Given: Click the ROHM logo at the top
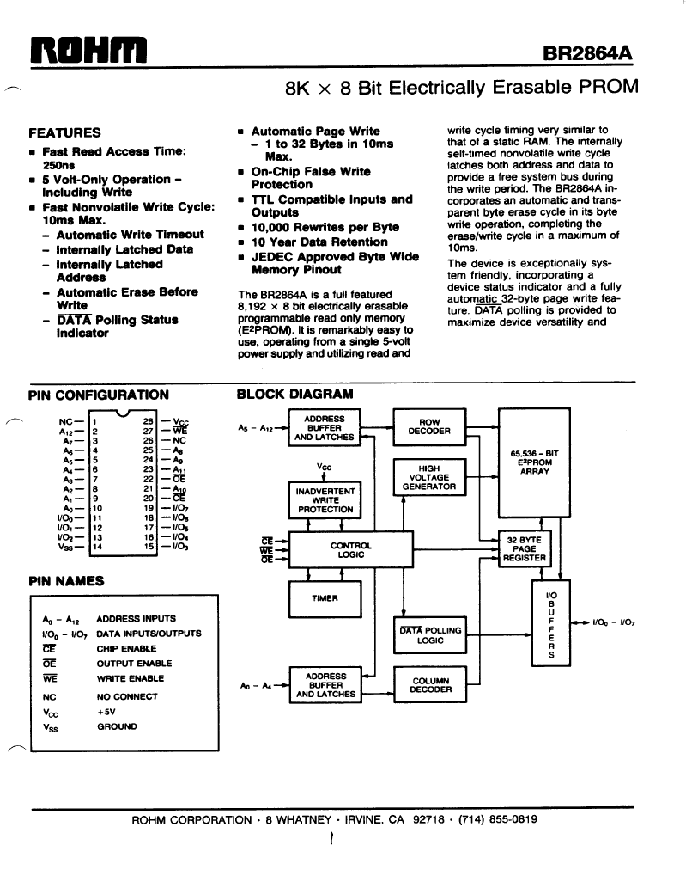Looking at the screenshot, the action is click(88, 50).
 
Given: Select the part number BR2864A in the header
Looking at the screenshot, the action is click(587, 52).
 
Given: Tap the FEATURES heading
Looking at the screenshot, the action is click(64, 132).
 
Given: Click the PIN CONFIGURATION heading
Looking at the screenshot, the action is click(99, 395).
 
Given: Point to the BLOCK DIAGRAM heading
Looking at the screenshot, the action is click(294, 394).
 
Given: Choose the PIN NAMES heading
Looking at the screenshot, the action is click(66, 581).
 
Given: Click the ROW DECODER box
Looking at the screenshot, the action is click(430, 426).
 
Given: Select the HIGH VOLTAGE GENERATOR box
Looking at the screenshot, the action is click(429, 477).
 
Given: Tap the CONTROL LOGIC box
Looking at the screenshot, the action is click(350, 549).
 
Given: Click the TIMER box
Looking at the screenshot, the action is click(325, 598).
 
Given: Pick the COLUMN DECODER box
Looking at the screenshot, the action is click(430, 684).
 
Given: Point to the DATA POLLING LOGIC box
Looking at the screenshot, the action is click(430, 635).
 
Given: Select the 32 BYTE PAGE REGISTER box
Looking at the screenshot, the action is click(525, 548).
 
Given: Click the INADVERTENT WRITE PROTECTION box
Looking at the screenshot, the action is click(325, 500).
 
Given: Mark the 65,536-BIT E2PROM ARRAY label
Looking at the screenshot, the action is click(534, 462).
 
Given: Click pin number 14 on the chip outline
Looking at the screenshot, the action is click(97, 547).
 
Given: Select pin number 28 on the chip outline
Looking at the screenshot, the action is click(149, 421).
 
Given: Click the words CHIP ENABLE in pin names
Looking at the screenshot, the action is click(127, 648).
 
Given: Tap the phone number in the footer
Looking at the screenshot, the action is click(498, 819).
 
